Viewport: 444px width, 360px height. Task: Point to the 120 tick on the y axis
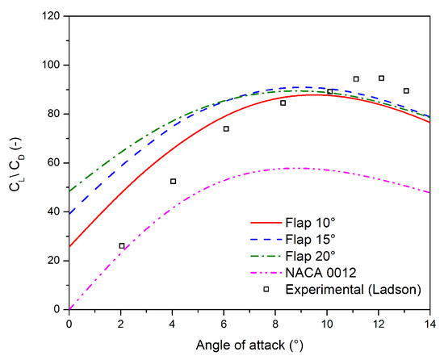pyautogui.click(x=54, y=16)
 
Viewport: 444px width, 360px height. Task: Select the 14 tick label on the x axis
pyautogui.click(x=429, y=323)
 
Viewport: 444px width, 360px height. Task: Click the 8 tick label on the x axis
pyautogui.click(x=275, y=323)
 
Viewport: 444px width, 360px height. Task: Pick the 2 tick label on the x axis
pyautogui.click(x=120, y=323)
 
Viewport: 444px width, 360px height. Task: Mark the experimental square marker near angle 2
pyautogui.click(x=122, y=245)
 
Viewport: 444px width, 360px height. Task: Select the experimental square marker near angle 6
pyautogui.click(x=226, y=128)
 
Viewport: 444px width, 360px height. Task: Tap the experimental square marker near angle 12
pyautogui.click(x=381, y=78)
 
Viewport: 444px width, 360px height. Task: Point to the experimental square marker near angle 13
pyautogui.click(x=406, y=90)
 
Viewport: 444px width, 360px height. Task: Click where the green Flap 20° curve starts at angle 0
pyautogui.click(x=69, y=191)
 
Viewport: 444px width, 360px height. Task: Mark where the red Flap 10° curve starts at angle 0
pyautogui.click(x=69, y=246)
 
